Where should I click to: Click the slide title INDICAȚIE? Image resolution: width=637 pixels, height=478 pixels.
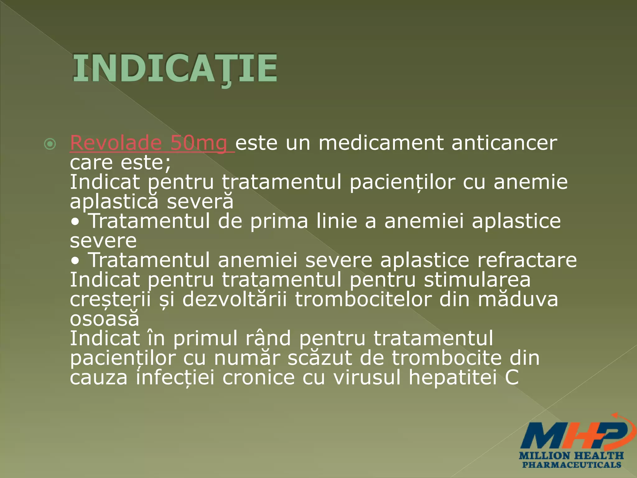click(175, 68)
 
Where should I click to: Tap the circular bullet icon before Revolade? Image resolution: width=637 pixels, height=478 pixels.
click(50, 144)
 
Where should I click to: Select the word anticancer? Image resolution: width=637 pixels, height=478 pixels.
click(504, 143)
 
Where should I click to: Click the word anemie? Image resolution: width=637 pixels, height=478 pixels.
click(530, 182)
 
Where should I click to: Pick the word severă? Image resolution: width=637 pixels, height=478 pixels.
click(200, 201)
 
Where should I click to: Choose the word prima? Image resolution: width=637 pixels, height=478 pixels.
click(279, 221)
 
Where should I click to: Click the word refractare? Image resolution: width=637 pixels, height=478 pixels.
click(527, 260)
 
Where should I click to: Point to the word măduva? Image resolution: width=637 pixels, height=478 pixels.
click(518, 299)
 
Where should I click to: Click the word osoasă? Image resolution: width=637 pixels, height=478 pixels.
click(105, 319)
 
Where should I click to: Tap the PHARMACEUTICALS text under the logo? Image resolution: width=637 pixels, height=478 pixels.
click(572, 465)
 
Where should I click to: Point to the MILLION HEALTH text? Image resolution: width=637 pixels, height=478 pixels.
click(572, 456)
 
